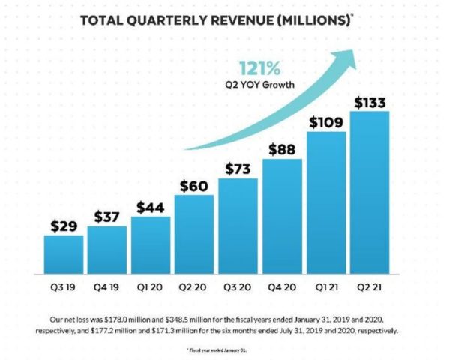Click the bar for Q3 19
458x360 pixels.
click(64, 257)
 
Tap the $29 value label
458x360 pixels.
click(64, 226)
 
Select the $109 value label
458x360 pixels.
click(325, 121)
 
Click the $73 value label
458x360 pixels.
click(238, 168)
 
